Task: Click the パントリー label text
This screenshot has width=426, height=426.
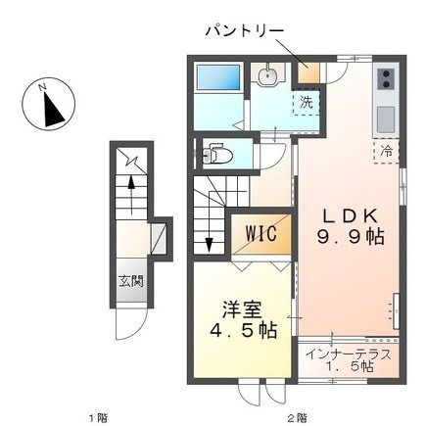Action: point(245,30)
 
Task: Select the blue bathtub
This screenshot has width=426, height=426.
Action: point(218,77)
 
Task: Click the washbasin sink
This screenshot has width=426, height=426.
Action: point(267,75)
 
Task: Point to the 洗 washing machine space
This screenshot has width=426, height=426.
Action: point(306,103)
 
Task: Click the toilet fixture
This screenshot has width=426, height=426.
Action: point(216,154)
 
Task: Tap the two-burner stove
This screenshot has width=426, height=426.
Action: point(386,79)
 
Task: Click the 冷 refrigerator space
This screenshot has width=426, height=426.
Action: point(387,152)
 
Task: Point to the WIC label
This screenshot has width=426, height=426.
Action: point(261,233)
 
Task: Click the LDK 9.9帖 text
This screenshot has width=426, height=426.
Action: point(351,226)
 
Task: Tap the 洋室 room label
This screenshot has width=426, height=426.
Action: point(242,309)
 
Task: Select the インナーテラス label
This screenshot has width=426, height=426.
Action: point(349,355)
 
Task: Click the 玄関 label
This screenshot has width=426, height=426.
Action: point(131,281)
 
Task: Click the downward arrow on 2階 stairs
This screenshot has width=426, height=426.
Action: point(209,231)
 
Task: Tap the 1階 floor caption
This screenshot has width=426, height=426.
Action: point(99,417)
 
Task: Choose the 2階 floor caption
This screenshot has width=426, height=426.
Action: point(297,417)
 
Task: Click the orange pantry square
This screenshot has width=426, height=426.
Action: point(308,73)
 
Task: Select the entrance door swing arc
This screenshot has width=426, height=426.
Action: point(132,325)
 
